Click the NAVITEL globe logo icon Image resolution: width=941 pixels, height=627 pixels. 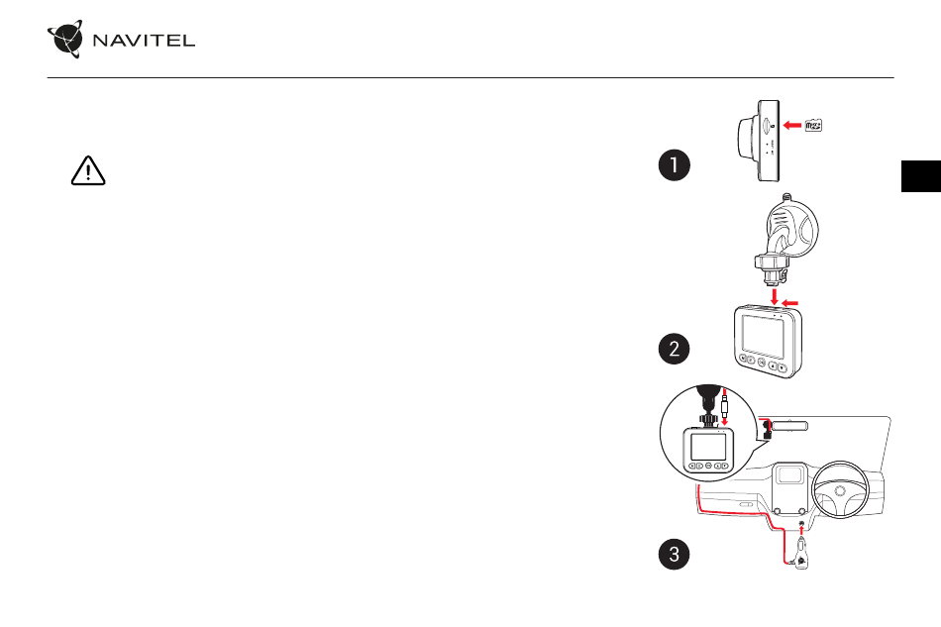(65, 39)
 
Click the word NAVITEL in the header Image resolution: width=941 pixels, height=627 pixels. (144, 41)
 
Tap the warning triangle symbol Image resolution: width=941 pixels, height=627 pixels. (88, 170)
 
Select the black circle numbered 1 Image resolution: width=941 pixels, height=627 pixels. (674, 165)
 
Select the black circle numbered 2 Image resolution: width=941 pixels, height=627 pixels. (674, 349)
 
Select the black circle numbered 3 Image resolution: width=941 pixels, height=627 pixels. (674, 554)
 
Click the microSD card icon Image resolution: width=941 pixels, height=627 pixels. (813, 126)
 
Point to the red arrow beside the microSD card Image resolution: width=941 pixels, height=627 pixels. (792, 126)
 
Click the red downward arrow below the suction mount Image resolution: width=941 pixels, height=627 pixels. (775, 296)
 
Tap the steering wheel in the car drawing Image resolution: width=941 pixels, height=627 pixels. (841, 490)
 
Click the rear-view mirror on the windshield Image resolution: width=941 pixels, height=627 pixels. (789, 427)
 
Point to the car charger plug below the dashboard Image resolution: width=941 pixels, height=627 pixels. (801, 554)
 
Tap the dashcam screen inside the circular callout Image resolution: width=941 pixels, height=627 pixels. (708, 447)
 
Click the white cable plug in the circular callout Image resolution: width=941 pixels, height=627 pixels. (725, 409)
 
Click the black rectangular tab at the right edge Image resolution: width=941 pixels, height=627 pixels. (921, 176)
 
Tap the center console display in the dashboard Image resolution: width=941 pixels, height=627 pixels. (789, 474)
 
